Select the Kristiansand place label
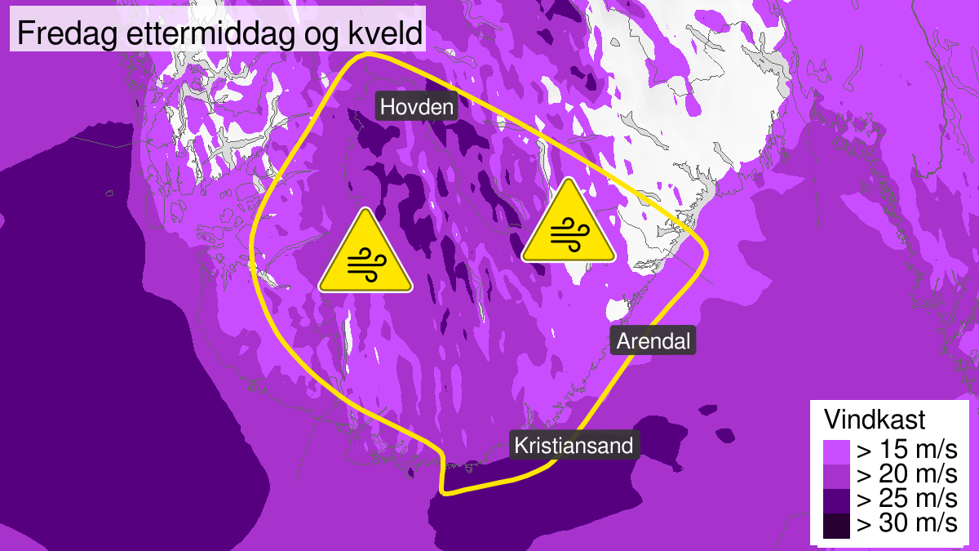pos(574,446)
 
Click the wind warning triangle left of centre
pos(365,253)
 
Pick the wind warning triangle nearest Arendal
pos(568,224)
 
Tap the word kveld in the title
pos(391,34)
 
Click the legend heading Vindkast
pos(875,420)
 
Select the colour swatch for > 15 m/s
pos(835,451)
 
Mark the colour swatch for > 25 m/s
pos(835,500)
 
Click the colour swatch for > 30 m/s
pos(835,524)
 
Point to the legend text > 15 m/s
pos(906,451)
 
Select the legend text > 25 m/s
pos(906,500)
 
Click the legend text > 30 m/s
pos(906,524)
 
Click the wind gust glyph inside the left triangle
pos(365,264)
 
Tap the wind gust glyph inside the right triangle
pos(568,235)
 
